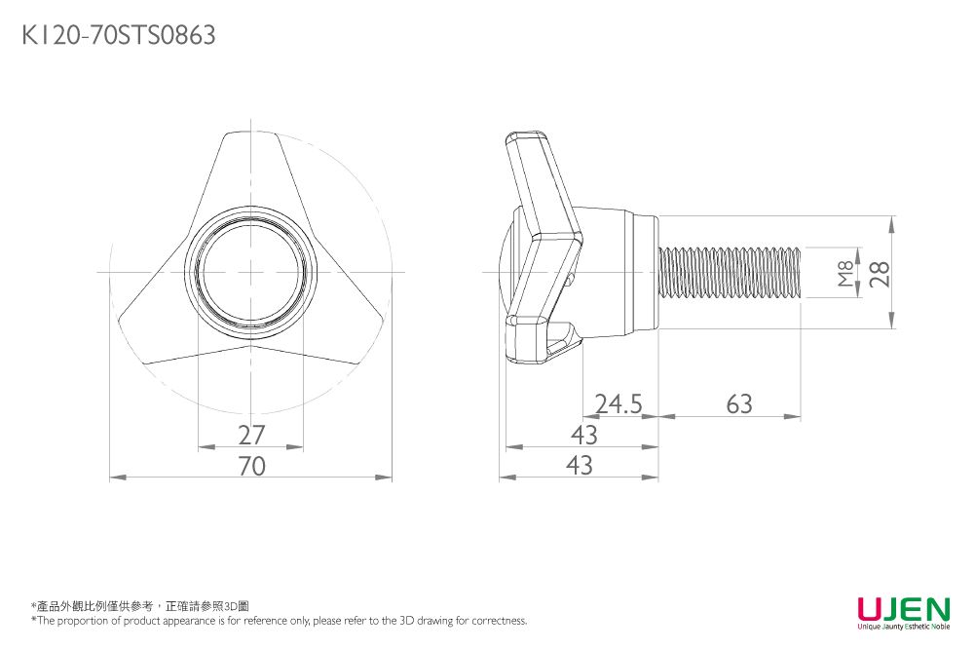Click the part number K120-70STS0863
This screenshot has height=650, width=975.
[x=118, y=36]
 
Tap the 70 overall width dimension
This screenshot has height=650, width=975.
[x=251, y=467]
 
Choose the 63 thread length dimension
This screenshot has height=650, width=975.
[x=739, y=403]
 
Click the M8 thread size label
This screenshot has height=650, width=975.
[x=844, y=274]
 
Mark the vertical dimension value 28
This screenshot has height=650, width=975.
[x=880, y=274]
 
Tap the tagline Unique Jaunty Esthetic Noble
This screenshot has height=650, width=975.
[x=903, y=628]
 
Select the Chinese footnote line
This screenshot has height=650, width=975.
[x=140, y=606]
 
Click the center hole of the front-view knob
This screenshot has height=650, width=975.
[x=251, y=272]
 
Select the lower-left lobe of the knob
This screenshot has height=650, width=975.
[x=146, y=326]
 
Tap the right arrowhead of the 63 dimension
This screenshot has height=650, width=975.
[x=796, y=416]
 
